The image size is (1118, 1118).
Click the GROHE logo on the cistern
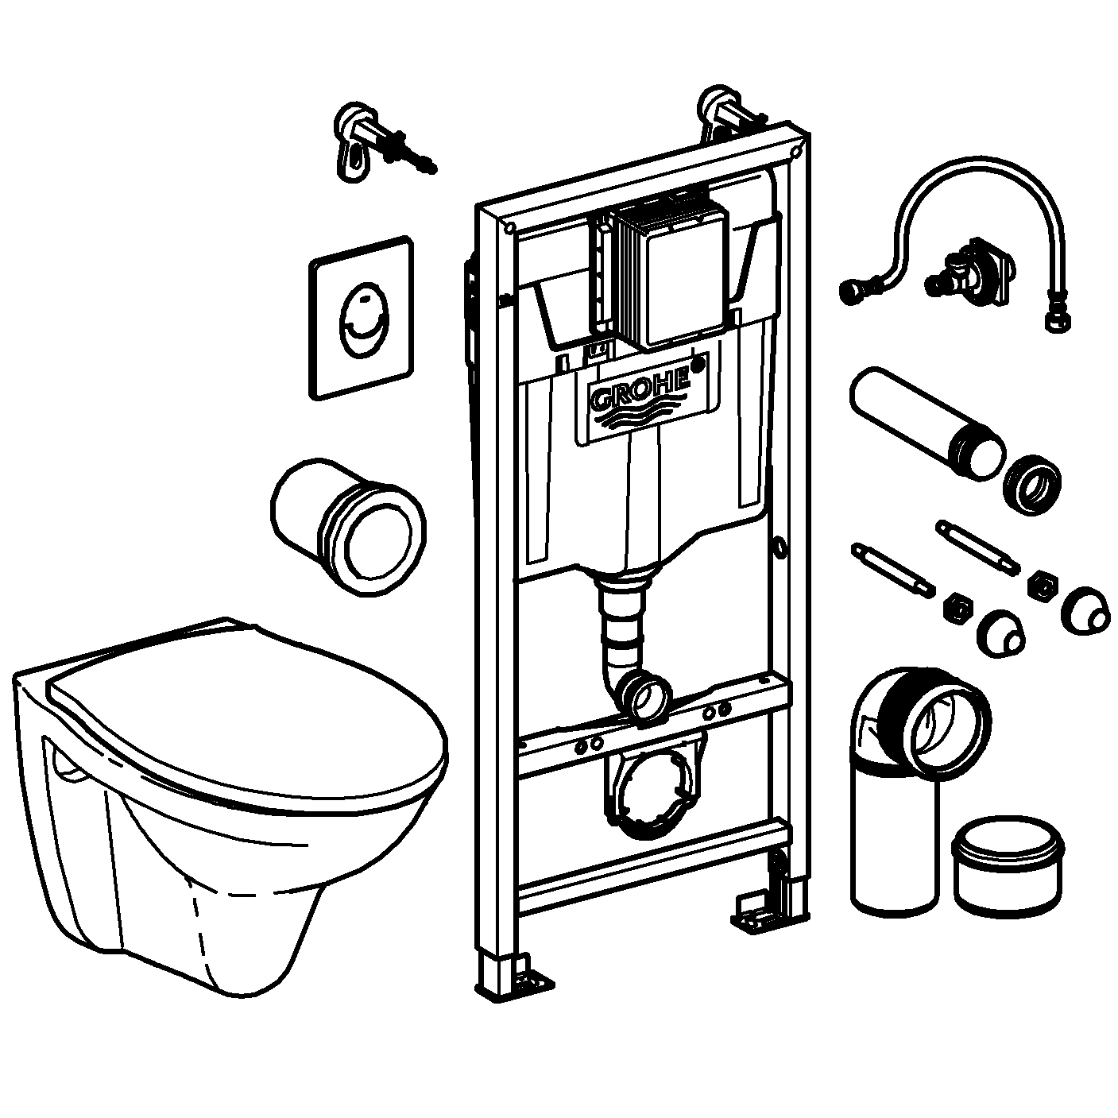pyautogui.click(x=640, y=393)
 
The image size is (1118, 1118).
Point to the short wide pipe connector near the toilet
pyautogui.click(x=347, y=524)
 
